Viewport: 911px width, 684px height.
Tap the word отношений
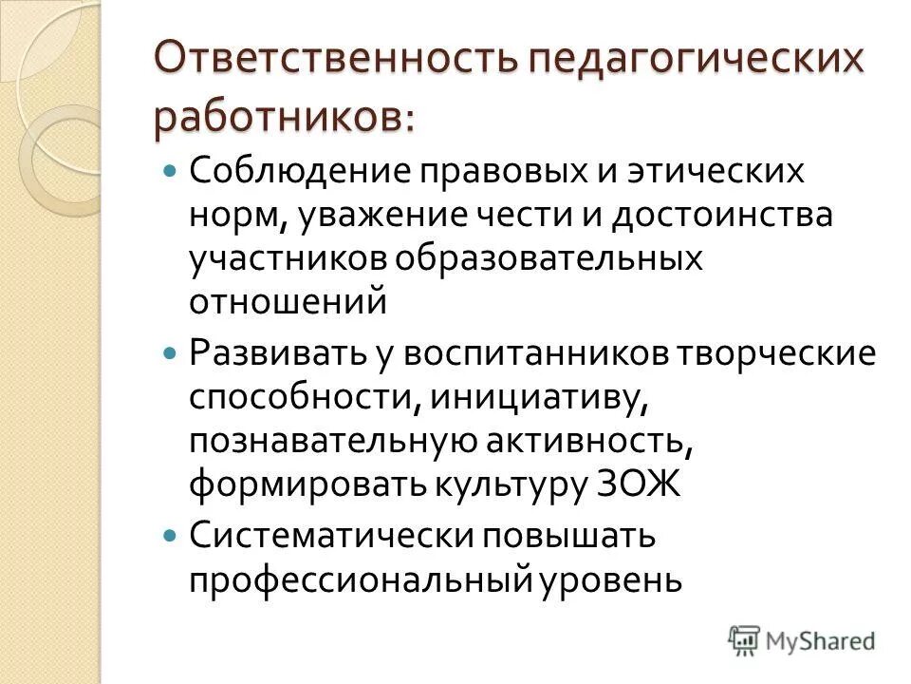pyautogui.click(x=288, y=301)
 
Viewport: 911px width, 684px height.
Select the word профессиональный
pyautogui.click(x=362, y=578)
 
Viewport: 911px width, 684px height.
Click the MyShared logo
pyautogui.click(x=801, y=639)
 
